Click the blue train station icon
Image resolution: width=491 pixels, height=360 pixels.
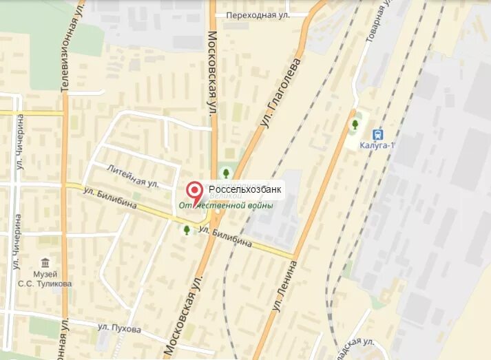click(377, 134)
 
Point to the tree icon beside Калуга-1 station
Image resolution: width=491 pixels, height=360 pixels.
click(355, 125)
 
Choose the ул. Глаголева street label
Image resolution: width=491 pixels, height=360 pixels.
click(282, 92)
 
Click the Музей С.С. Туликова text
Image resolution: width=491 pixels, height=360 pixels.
click(46, 279)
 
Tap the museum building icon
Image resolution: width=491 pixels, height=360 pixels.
click(46, 263)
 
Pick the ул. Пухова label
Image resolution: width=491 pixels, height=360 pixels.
click(119, 329)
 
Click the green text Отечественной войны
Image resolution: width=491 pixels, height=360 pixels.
click(227, 205)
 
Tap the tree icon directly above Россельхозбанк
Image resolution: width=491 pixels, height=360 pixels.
click(225, 173)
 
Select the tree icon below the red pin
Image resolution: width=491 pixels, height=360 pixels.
click(187, 229)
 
